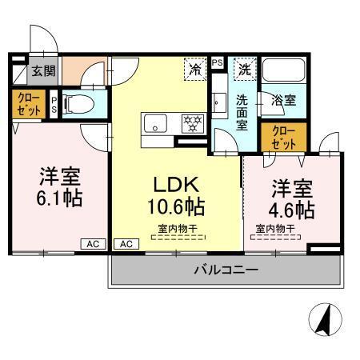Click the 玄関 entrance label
(x=42, y=71)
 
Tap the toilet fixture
(x=76, y=103)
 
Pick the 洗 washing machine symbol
(x=244, y=69)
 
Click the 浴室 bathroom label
(x=284, y=102)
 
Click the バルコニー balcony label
(x=226, y=270)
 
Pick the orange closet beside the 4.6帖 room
(x=283, y=138)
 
